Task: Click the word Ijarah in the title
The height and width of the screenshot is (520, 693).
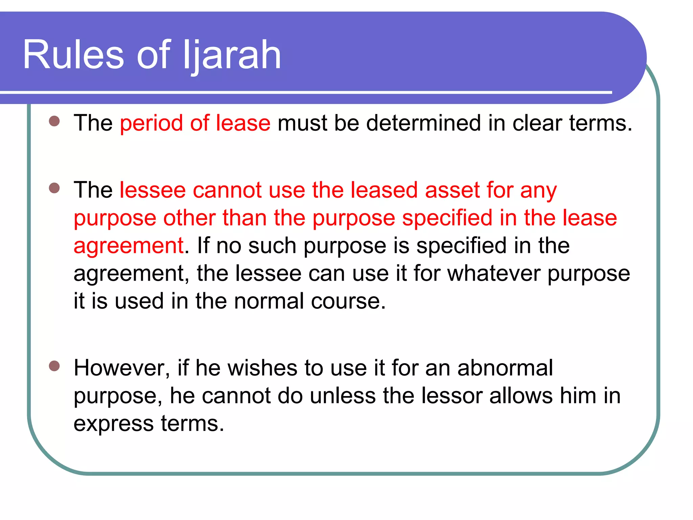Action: coord(232,55)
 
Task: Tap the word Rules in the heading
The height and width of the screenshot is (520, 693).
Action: coord(73,55)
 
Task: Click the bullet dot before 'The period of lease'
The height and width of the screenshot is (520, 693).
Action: coord(54,121)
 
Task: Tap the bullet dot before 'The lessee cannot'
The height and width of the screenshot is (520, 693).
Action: coord(54,188)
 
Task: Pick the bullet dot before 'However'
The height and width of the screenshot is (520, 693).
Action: coord(54,366)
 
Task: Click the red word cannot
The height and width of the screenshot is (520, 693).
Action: coord(227,190)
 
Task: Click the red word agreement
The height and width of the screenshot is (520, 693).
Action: coord(129,246)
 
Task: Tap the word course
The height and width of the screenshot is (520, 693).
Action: coord(348,301)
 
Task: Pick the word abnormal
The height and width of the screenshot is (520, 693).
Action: coord(505,368)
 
